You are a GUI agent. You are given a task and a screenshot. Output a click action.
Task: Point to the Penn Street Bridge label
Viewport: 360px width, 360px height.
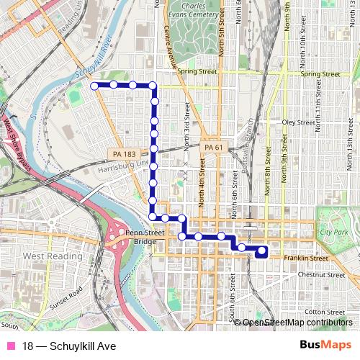click(x=130, y=238)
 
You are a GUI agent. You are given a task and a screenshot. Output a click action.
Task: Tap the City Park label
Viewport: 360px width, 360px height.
click(x=334, y=232)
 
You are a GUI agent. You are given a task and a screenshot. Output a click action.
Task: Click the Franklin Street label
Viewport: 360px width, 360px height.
click(x=306, y=258)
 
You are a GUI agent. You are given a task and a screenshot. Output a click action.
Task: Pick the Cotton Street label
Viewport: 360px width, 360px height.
click(x=324, y=311)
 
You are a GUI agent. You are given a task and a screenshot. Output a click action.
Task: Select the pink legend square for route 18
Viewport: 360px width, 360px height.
click(x=9, y=346)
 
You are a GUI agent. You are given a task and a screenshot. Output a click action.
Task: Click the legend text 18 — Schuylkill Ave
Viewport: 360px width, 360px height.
click(x=68, y=346)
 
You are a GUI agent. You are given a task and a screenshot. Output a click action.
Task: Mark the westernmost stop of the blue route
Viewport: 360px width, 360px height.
click(x=94, y=86)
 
